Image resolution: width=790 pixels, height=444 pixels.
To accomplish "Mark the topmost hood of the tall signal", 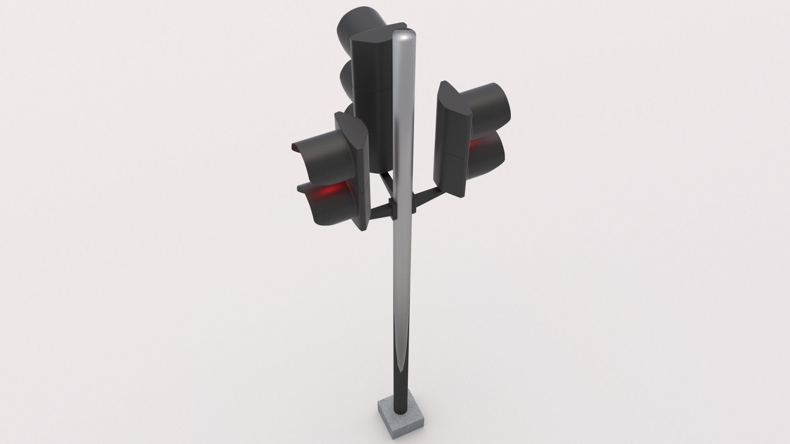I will pyautogui.click(x=359, y=24).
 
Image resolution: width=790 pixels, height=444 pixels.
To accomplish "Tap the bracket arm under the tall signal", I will pyautogui.click(x=385, y=181).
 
